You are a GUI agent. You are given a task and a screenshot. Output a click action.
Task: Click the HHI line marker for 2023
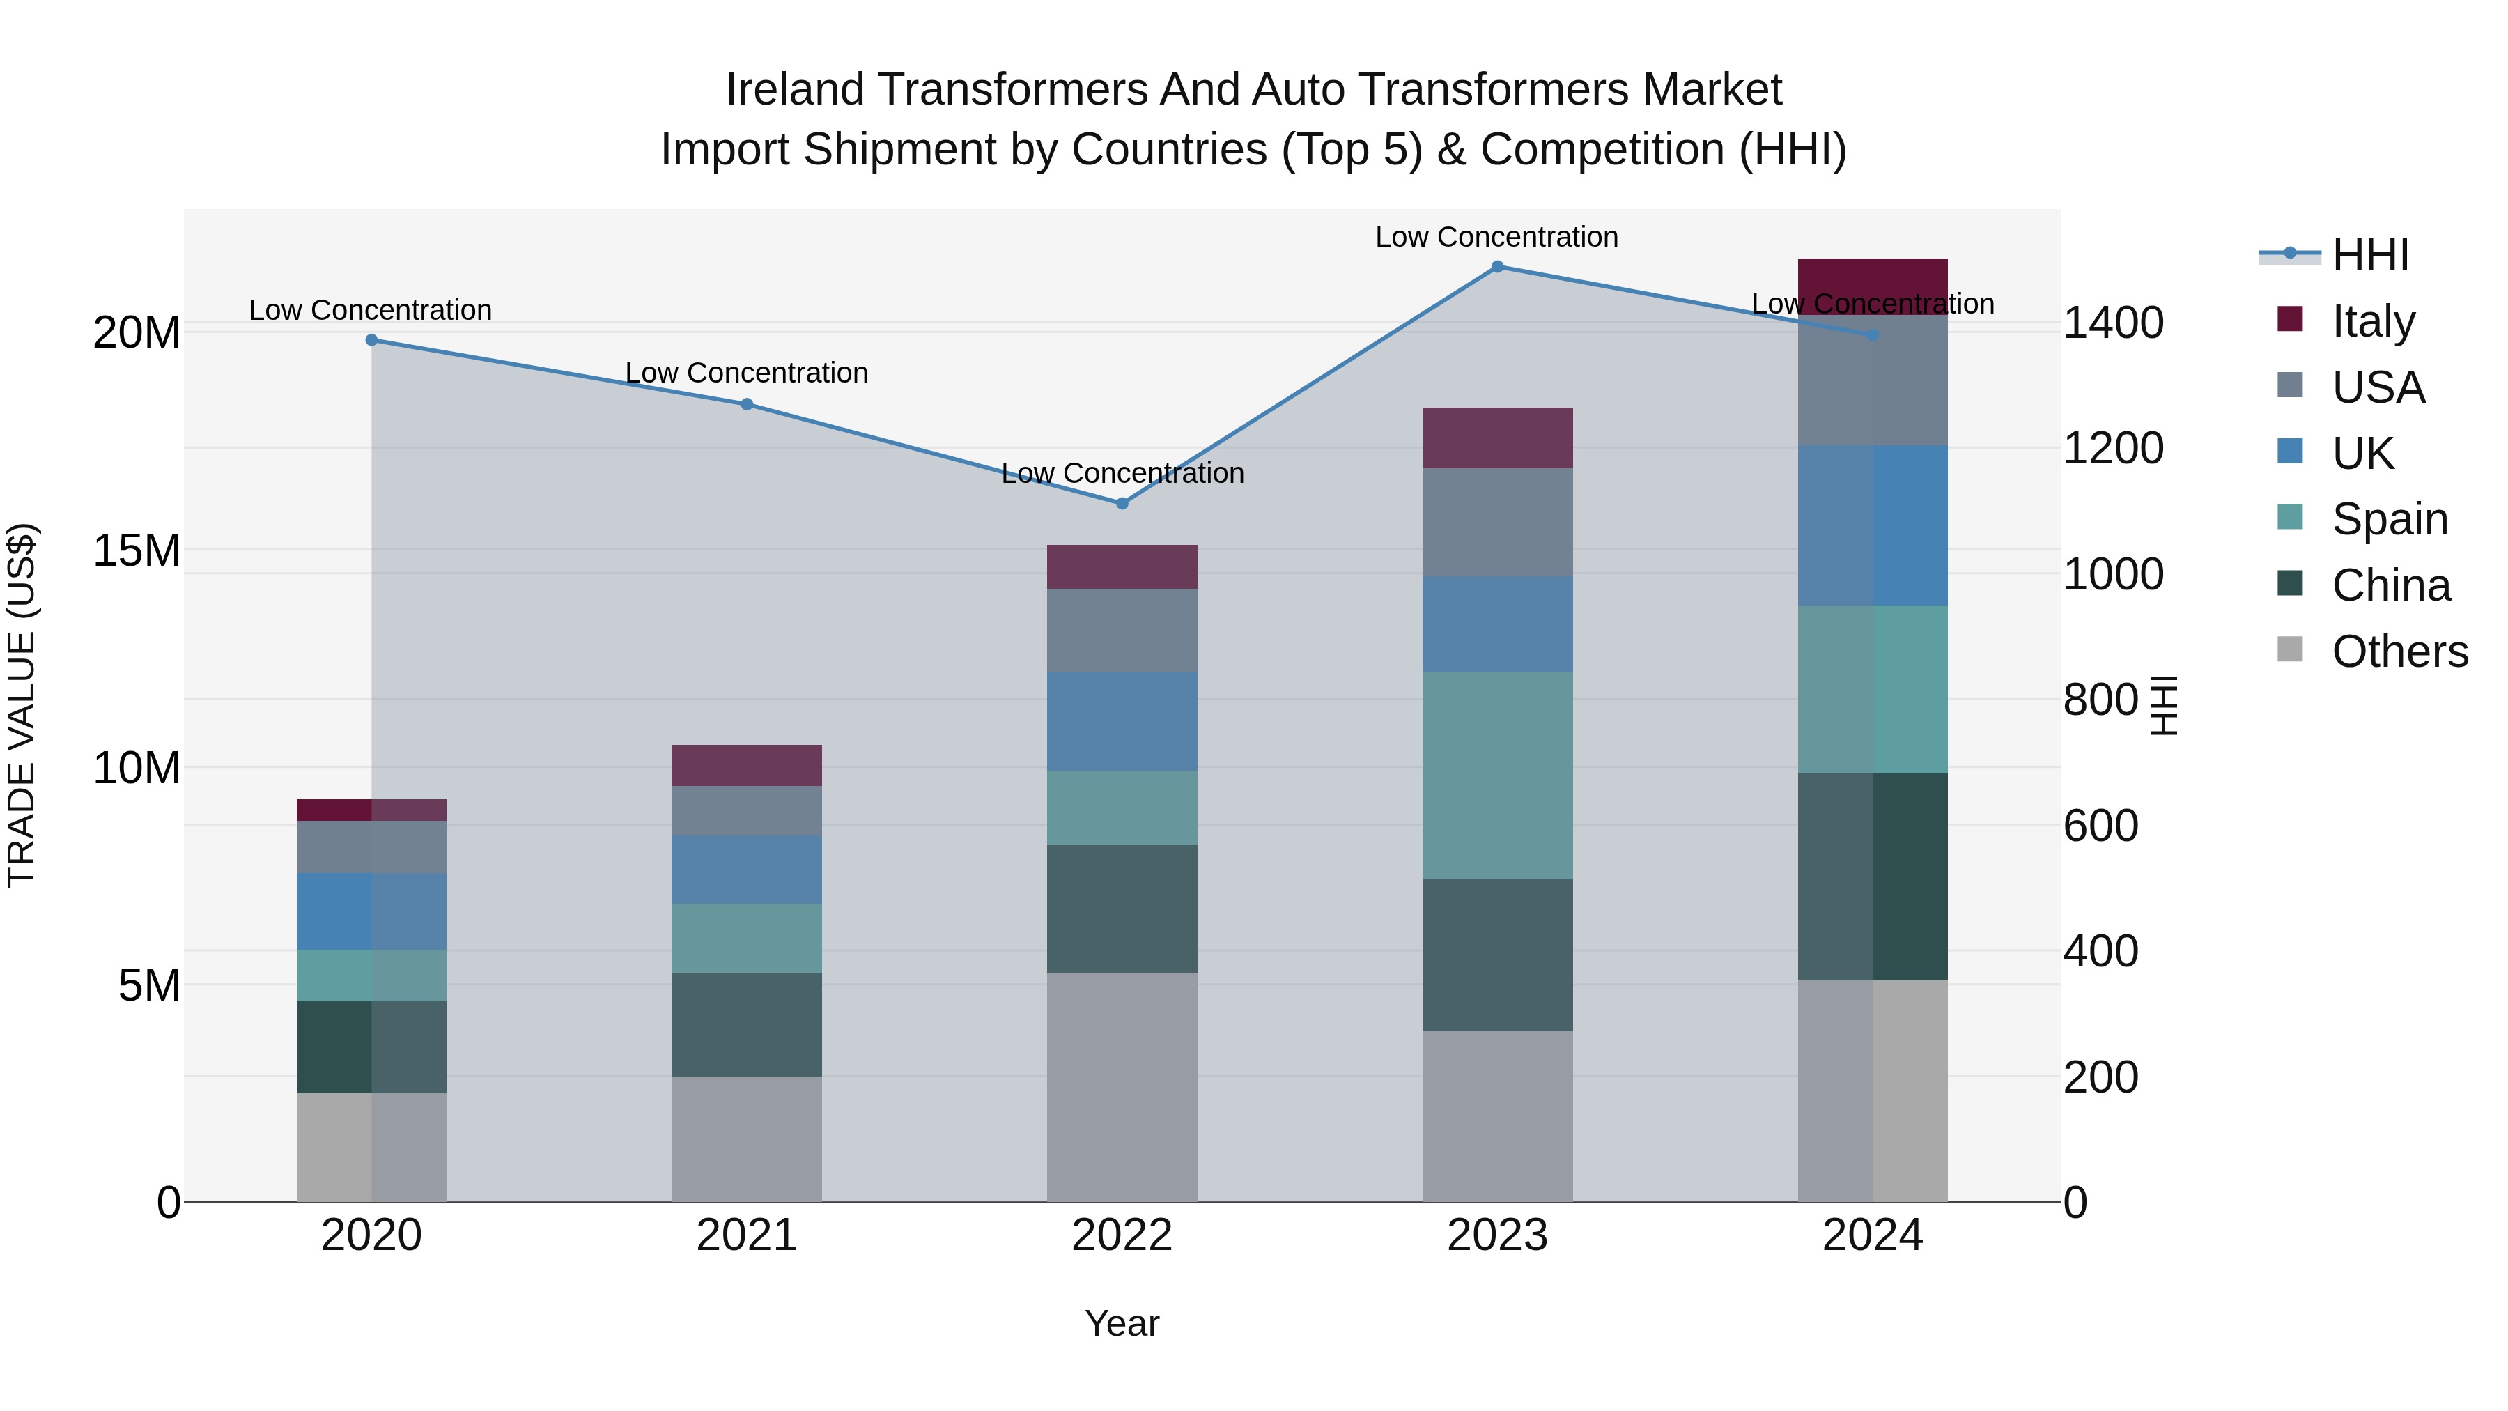1497,267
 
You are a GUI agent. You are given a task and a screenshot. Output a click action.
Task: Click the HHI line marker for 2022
1122,504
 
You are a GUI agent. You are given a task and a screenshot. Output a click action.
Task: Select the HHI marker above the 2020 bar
371,340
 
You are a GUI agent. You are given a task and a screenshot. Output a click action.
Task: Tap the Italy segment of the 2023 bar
1497,438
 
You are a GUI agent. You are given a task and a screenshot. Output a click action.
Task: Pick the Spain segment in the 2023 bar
1497,775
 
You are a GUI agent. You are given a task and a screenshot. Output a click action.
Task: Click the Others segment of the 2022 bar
1122,1087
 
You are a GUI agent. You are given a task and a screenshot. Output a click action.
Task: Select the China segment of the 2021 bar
747,1024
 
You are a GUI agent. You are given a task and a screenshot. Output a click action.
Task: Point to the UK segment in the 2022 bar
1122,722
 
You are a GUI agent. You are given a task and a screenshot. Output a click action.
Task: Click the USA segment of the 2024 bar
1872,380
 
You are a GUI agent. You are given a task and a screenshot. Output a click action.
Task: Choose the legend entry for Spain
2388,519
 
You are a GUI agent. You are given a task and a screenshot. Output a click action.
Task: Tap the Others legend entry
2399,651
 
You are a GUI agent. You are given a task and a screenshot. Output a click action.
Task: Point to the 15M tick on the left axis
137,551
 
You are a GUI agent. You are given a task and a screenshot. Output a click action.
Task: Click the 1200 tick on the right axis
2113,448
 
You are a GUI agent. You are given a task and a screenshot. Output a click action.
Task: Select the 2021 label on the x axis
747,1235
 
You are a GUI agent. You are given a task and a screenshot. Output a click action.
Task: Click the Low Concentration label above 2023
1496,237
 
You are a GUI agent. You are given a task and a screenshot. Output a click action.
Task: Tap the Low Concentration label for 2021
747,373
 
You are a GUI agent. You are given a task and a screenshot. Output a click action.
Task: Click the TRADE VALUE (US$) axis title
22,705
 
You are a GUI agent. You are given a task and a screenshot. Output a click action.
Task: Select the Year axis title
1122,1323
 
